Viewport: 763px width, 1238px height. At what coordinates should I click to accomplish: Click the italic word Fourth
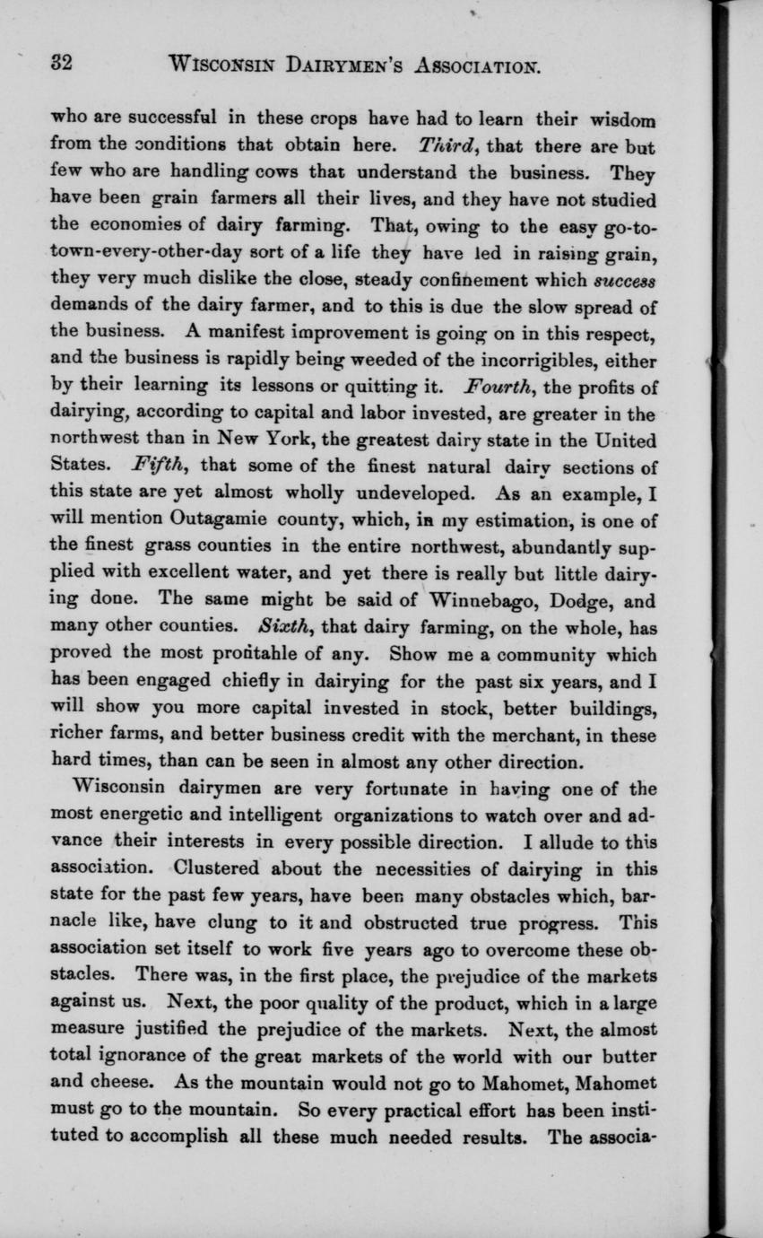click(x=499, y=388)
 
